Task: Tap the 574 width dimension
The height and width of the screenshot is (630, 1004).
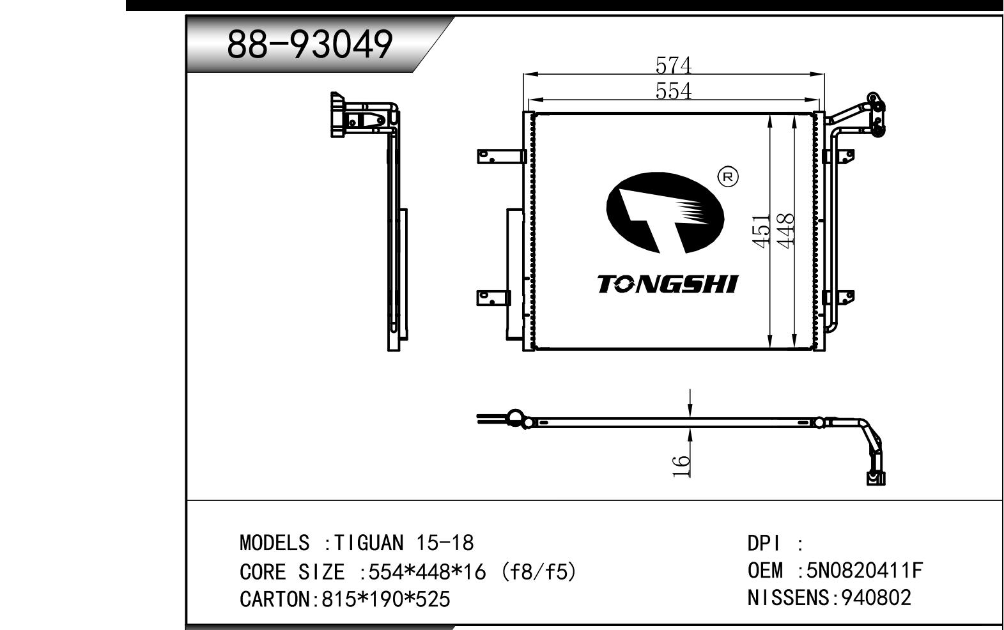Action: coord(673,65)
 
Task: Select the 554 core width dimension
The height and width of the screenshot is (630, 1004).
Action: coord(673,91)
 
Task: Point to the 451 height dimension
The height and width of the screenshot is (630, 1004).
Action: coord(761,231)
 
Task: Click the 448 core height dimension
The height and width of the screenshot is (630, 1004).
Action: coord(785,231)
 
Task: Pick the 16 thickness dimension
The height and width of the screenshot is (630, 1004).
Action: coord(681,466)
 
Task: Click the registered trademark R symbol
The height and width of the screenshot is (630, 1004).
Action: coord(728,177)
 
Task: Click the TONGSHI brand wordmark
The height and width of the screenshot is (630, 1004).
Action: coord(668,284)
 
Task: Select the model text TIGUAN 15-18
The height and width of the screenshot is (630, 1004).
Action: coord(404,543)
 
